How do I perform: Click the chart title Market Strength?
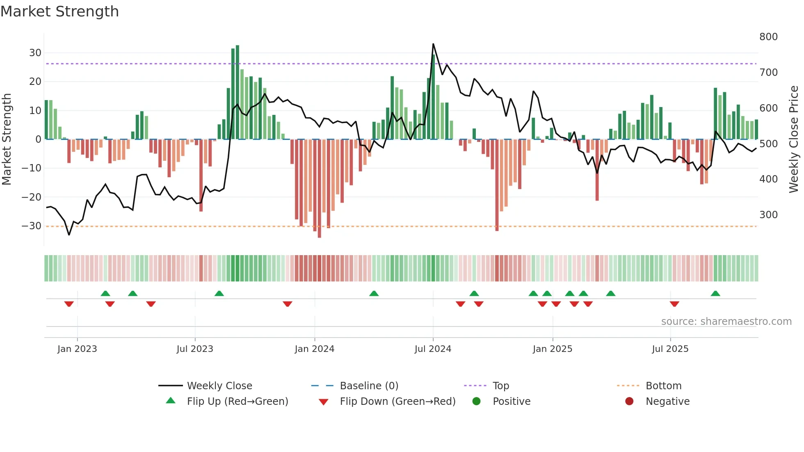click(59, 11)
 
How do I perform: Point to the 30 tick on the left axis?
click(35, 53)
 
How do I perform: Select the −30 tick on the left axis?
click(32, 226)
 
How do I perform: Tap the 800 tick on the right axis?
click(768, 37)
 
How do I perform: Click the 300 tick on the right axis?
click(768, 215)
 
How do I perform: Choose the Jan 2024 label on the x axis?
click(314, 349)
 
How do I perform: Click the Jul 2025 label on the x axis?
click(670, 349)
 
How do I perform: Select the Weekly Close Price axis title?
click(794, 139)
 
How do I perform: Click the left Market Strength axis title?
click(7, 139)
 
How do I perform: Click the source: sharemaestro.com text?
click(726, 322)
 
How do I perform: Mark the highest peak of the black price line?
click(433, 44)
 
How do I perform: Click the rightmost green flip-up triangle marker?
click(715, 294)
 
